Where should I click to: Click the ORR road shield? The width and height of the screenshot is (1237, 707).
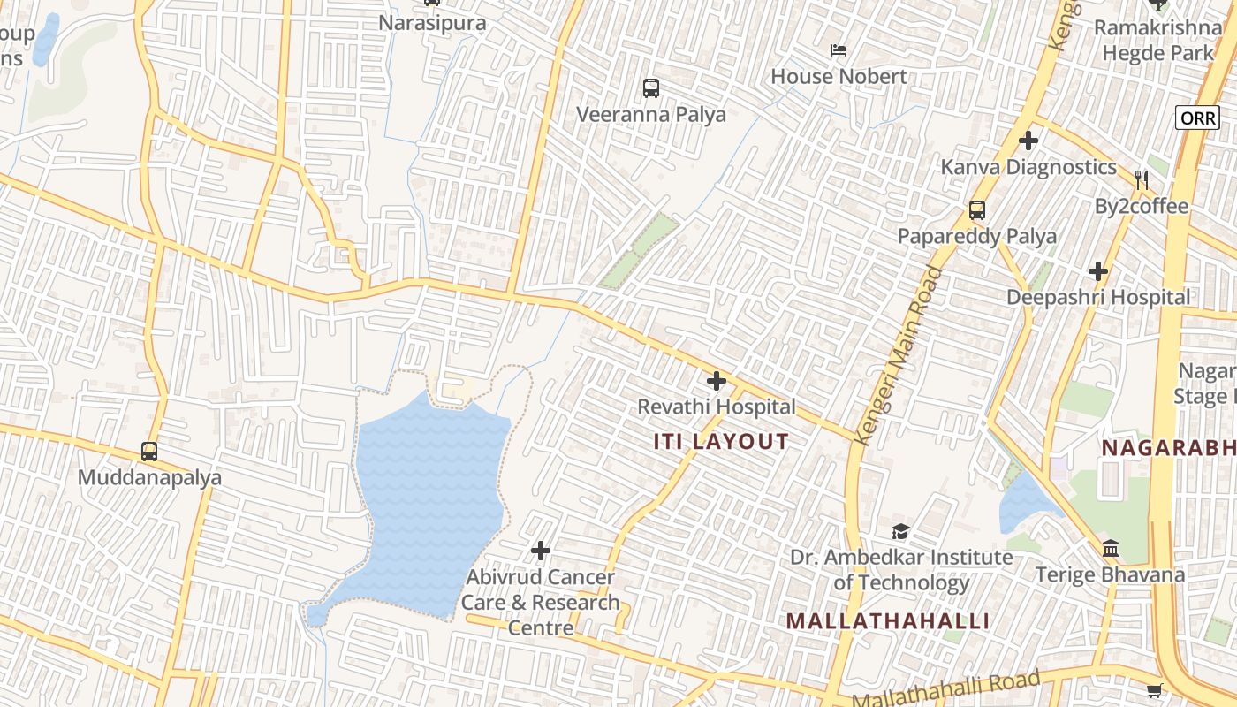[1197, 118]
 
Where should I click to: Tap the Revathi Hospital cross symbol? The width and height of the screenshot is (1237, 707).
[717, 381]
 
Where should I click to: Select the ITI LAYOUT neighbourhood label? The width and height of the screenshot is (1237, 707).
[721, 442]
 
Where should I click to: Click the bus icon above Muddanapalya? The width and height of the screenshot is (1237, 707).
[149, 452]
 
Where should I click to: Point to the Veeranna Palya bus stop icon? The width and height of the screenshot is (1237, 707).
[651, 88]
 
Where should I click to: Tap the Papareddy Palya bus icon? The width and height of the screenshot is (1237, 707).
[976, 210]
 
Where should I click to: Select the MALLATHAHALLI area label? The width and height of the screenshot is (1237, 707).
[888, 621]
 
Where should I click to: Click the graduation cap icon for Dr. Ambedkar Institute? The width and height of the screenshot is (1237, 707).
[900, 531]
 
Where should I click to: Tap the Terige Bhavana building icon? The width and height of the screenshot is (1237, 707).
[1111, 548]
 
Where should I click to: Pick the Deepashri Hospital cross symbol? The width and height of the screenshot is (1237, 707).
[1098, 271]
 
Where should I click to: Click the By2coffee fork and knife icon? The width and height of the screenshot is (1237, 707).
[1142, 180]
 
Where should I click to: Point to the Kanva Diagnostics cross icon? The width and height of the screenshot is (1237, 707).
[1028, 141]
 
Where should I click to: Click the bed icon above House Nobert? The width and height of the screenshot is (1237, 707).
[839, 50]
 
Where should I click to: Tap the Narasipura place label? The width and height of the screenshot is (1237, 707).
[432, 22]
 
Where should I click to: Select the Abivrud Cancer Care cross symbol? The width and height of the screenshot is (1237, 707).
[541, 551]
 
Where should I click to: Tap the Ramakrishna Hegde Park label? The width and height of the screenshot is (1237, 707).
[1157, 40]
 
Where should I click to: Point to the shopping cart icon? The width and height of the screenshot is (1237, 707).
[1154, 690]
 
